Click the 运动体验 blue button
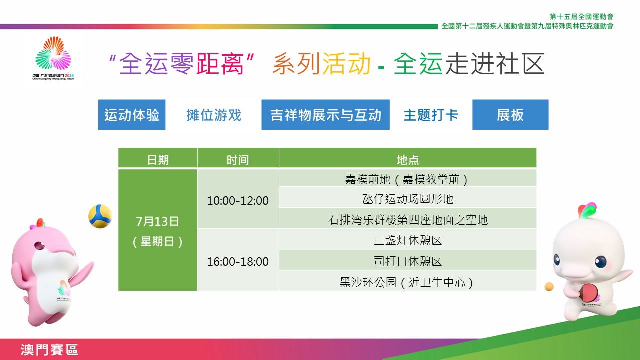pos(132,115)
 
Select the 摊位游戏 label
pos(214,115)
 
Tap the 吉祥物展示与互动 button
pos(325,115)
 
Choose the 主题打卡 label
pos(431,115)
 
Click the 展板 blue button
pos(510,115)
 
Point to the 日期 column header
pos(158,158)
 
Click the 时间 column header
pos(238,158)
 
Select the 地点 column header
pos(408,158)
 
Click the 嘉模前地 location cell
pos(408,178)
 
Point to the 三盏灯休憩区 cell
pos(408,239)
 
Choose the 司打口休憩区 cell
pos(408,260)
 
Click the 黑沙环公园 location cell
pos(408,281)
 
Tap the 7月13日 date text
pos(157,221)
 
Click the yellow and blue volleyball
pos(100,216)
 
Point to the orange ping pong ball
pos(549,287)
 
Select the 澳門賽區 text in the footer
pos(49,350)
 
